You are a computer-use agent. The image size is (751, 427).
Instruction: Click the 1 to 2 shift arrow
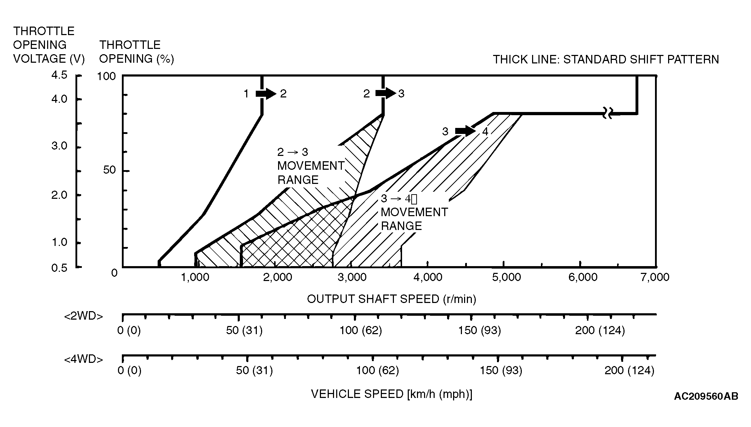click(265, 94)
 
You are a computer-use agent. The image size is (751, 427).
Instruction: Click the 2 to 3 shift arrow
click(385, 93)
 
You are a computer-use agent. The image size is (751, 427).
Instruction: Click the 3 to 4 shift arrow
click(465, 131)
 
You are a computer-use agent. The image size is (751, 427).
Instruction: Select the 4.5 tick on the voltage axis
click(59, 75)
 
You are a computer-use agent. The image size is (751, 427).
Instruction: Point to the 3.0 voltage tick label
click(59, 146)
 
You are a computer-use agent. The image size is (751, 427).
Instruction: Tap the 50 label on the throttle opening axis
click(109, 170)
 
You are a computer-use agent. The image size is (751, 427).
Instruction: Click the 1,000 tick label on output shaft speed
click(195, 277)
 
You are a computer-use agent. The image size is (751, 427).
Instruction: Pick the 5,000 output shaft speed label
click(507, 277)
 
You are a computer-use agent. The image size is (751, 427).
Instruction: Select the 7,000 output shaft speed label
click(655, 277)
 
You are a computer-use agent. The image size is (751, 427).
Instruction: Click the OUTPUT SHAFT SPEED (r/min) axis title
click(391, 299)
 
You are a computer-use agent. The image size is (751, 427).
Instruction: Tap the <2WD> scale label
click(84, 316)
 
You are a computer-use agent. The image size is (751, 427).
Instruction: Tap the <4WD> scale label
click(84, 359)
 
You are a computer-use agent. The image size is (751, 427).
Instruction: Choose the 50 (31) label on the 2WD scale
click(244, 331)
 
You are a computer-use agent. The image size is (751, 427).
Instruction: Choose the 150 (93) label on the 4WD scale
click(501, 371)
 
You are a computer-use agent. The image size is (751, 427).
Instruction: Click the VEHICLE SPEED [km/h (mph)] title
click(391, 394)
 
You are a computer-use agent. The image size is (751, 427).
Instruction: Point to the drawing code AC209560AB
click(706, 396)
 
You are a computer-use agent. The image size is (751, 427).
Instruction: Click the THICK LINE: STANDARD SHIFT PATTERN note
click(606, 60)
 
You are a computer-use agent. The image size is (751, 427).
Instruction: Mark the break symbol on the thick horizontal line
click(608, 114)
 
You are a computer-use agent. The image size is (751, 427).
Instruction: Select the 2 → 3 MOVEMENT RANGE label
click(310, 166)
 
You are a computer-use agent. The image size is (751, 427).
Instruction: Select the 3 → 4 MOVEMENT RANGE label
click(414, 212)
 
